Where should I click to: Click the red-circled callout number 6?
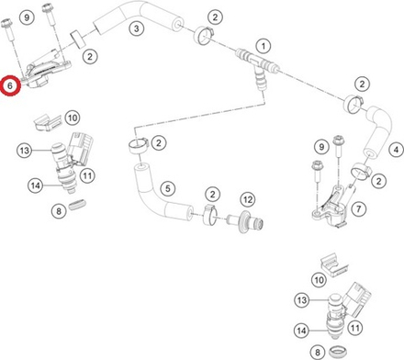pos(10,85)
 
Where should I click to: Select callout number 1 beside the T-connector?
pos(264,47)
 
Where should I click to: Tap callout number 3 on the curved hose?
pos(136,28)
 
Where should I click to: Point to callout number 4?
pos(397,150)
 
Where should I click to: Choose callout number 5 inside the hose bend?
pos(167,188)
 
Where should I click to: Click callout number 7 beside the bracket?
pos(358,208)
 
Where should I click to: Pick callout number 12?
pos(248,199)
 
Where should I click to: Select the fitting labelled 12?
pos(245,222)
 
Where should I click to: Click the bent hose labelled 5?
pos(159,193)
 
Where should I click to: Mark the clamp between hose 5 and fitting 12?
pos(210,214)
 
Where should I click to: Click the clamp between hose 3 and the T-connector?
pos(202,35)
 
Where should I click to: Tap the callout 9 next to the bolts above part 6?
pos(27,17)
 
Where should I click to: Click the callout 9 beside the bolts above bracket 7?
pos(321,147)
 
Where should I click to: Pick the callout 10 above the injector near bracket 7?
pos(319,280)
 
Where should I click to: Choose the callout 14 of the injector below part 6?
pos(35,186)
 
